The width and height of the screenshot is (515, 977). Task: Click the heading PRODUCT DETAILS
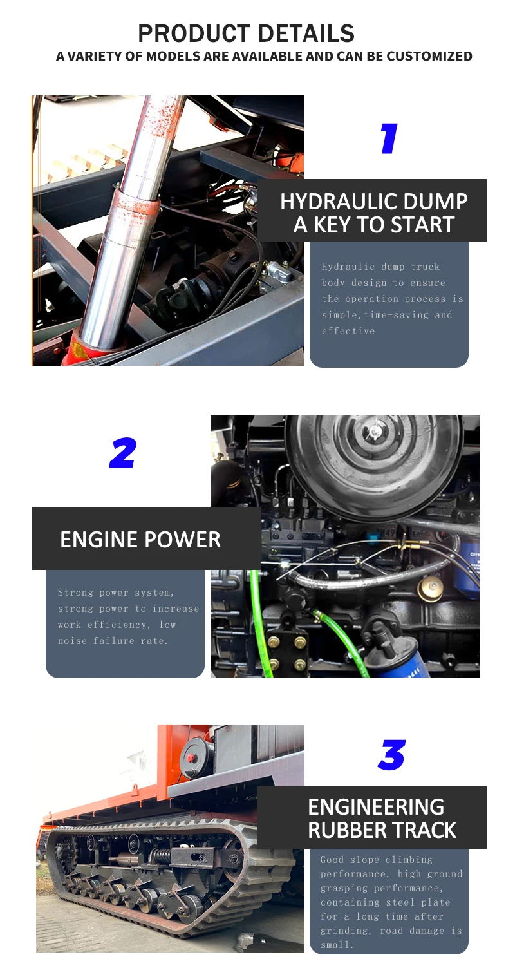coord(246,33)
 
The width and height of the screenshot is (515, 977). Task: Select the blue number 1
coord(389,138)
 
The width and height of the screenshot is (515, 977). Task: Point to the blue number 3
coord(391,755)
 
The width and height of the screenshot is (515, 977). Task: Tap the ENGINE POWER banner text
coord(140,540)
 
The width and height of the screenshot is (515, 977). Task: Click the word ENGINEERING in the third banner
coord(376,807)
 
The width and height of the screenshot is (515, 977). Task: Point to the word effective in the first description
coord(348,331)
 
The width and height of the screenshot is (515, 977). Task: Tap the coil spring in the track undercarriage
coord(161,855)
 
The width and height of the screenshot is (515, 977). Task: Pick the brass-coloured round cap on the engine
coord(431,587)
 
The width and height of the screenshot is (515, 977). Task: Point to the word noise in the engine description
coord(72,641)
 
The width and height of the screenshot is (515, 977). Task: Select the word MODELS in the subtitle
coord(173,56)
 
